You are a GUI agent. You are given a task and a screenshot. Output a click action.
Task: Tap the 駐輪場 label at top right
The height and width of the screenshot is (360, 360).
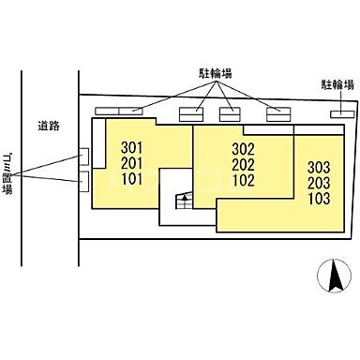337,83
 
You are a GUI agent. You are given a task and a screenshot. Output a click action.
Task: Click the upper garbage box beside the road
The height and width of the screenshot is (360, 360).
83,155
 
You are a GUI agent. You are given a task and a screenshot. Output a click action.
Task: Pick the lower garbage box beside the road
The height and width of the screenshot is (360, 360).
83,178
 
